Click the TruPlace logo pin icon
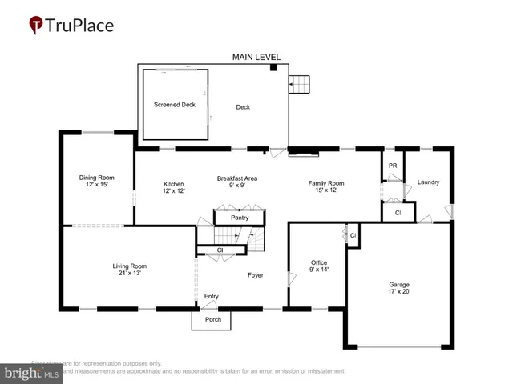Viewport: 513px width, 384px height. (x=35, y=26)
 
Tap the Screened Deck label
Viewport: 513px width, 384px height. (x=175, y=105)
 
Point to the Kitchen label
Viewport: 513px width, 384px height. (x=174, y=183)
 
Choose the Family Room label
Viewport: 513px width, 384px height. (x=326, y=183)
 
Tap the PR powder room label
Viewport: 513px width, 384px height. (x=393, y=166)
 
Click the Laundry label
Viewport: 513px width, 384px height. (x=428, y=182)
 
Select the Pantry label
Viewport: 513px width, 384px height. (x=240, y=218)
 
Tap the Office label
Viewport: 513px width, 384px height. (x=319, y=262)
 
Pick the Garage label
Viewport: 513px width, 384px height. (x=399, y=285)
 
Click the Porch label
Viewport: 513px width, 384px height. (x=212, y=320)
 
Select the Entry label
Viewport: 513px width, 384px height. (x=211, y=296)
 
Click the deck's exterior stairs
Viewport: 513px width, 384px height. (x=299, y=83)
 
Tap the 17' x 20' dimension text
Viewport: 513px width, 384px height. (x=399, y=291)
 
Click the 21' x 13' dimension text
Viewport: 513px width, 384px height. (x=129, y=273)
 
